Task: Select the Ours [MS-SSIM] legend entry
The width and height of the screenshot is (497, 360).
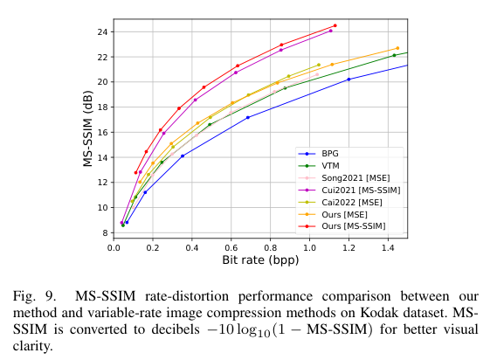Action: (x=349, y=225)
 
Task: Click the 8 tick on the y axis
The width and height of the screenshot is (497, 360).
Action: (x=104, y=232)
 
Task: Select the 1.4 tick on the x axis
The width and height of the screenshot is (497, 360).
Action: (x=388, y=247)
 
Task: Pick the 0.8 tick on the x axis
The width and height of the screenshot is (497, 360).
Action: (x=271, y=247)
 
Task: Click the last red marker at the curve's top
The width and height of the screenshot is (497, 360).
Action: (x=335, y=25)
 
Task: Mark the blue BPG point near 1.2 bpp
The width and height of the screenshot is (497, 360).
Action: (x=349, y=80)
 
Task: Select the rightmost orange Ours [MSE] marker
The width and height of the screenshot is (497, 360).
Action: (x=397, y=48)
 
